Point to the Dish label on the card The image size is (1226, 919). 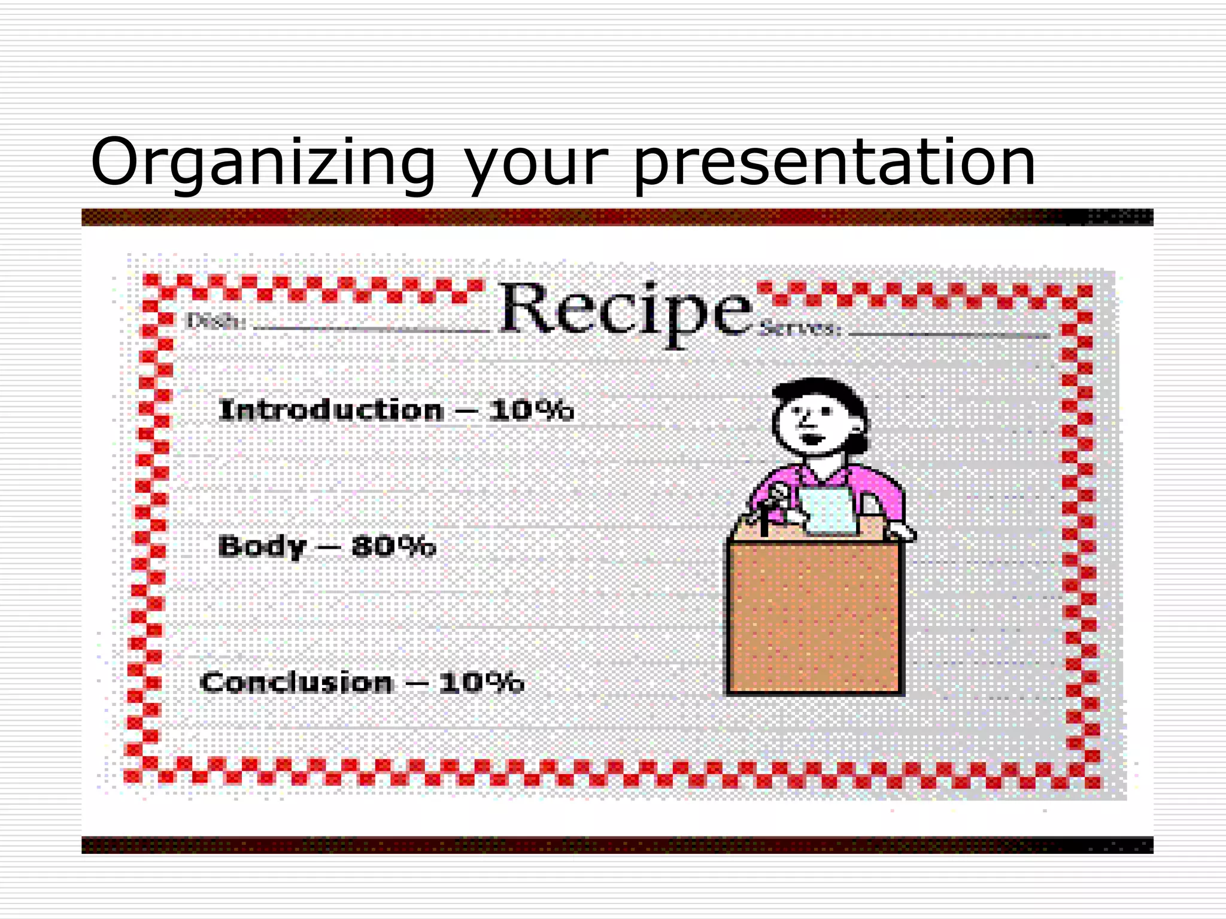tap(216, 322)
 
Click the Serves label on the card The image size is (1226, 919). tap(800, 328)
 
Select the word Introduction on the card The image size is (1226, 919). tap(331, 410)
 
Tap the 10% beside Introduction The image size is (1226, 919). tap(530, 410)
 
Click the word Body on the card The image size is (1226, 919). tap(262, 547)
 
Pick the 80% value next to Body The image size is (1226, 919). tap(393, 546)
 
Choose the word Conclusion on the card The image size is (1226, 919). tap(296, 683)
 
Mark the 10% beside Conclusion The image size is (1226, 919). tap(481, 682)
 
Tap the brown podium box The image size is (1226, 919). tap(814, 616)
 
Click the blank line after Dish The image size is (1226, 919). tap(371, 329)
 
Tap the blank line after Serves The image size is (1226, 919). tap(949, 334)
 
